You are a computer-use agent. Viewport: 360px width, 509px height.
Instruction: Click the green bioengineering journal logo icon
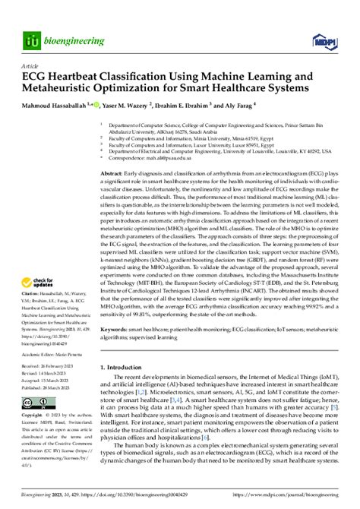click(x=32, y=40)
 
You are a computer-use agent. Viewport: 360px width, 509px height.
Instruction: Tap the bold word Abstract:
click(x=115, y=174)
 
